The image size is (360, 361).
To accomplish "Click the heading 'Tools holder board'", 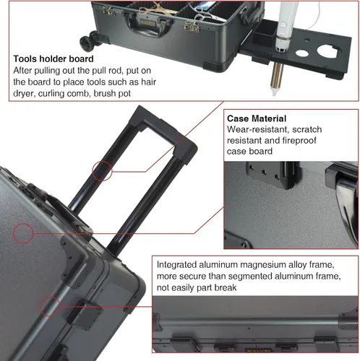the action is pos(53,59).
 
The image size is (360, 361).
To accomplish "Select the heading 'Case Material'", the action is pos(257,118).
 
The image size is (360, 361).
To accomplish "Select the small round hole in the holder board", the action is pos(302,53).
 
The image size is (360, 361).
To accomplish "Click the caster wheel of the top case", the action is pos(86,43).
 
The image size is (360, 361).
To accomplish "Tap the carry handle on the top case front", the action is pos(147,25).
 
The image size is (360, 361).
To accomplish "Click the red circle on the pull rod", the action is pos(102,171).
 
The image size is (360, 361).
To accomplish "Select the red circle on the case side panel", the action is pos(23,233).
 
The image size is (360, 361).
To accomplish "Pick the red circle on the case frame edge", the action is pos(51,307).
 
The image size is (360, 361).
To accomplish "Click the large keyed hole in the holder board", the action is pos(327,51).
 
